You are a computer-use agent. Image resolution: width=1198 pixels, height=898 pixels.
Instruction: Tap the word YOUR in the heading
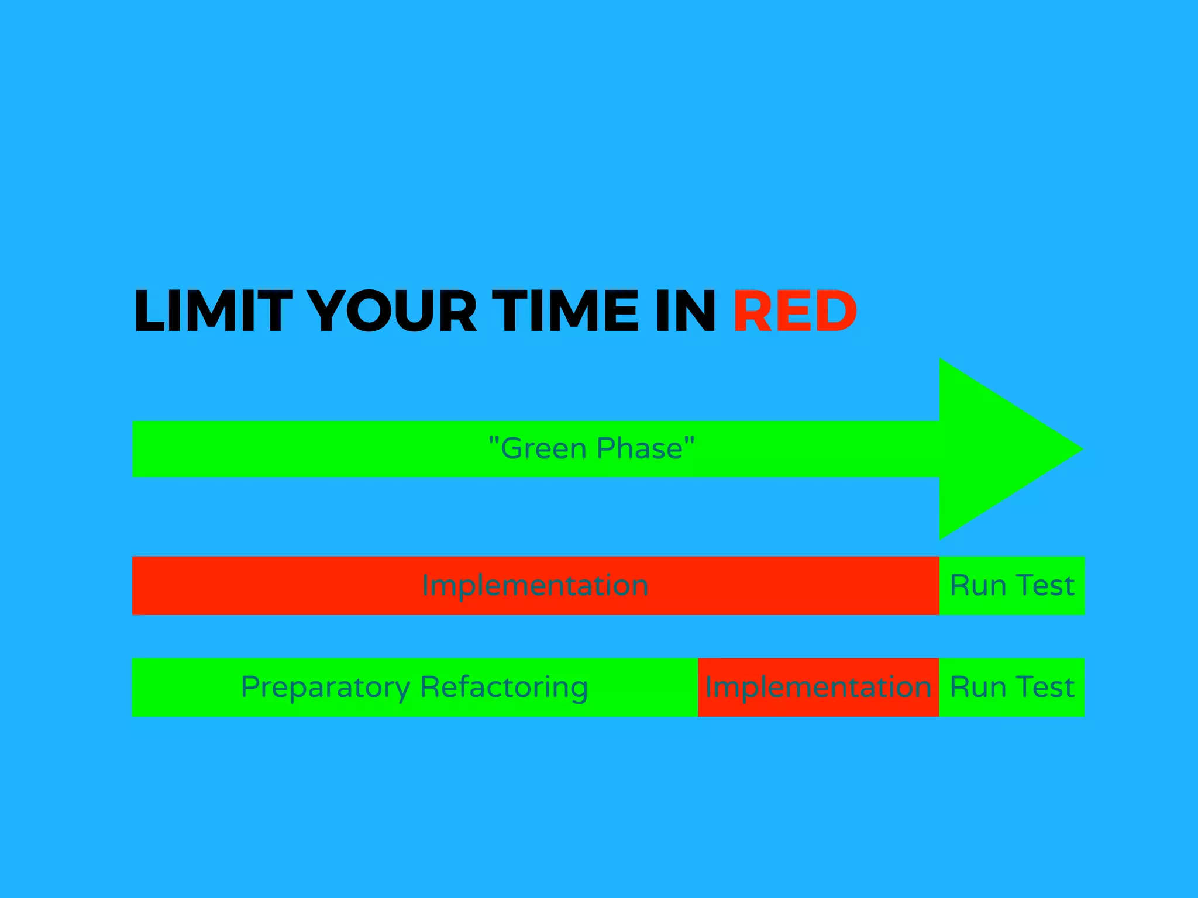coord(392,311)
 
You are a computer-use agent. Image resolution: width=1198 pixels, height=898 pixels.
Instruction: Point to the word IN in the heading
coord(686,311)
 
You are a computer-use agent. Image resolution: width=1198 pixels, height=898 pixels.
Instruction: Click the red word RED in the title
coord(795,311)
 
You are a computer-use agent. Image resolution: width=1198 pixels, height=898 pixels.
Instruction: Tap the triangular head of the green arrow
coord(994,449)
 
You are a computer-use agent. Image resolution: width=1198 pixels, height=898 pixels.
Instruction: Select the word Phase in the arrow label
coord(639,449)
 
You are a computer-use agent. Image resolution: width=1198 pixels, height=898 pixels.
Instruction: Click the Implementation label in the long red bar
coord(535,585)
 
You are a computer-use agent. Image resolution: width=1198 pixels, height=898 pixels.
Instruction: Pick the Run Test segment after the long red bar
coord(1011,585)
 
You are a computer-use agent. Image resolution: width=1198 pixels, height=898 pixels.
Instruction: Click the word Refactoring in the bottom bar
coord(504,688)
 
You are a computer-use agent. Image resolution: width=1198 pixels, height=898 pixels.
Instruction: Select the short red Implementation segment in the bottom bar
coord(818,687)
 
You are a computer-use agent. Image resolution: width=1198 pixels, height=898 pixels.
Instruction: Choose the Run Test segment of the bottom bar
coord(1011,687)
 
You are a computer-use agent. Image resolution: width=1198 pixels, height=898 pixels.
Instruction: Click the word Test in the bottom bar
coord(1045,687)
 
